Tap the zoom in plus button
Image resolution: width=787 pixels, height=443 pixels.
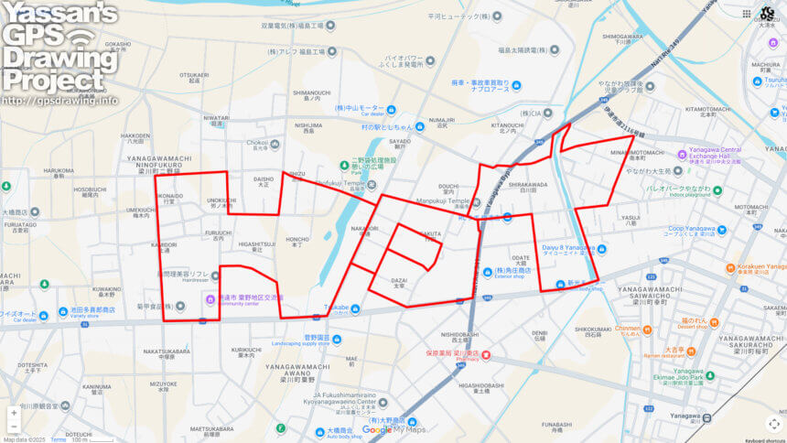[13, 413]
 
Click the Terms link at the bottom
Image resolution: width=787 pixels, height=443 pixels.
[58, 439]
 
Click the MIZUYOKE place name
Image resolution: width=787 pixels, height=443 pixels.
[164, 384]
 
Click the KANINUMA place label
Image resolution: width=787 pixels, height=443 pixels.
[95, 386]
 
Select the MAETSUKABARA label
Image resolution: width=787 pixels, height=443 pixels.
[214, 428]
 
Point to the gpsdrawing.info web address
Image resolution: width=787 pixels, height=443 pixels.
[60, 100]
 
